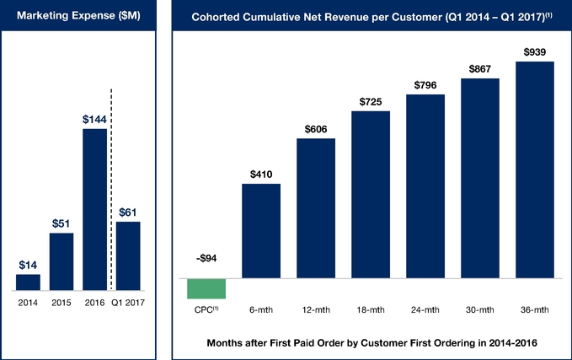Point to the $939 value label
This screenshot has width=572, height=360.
tap(534, 52)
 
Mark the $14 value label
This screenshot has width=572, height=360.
tap(28, 265)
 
